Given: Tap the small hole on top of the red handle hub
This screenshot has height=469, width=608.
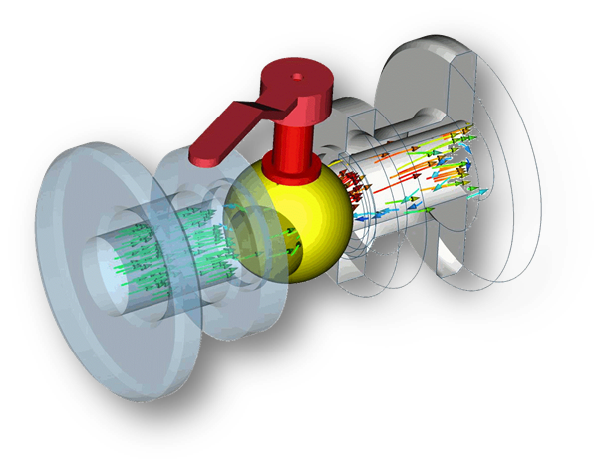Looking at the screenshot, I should click(x=296, y=73).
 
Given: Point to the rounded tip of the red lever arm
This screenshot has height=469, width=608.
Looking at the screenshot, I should click(x=200, y=155).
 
